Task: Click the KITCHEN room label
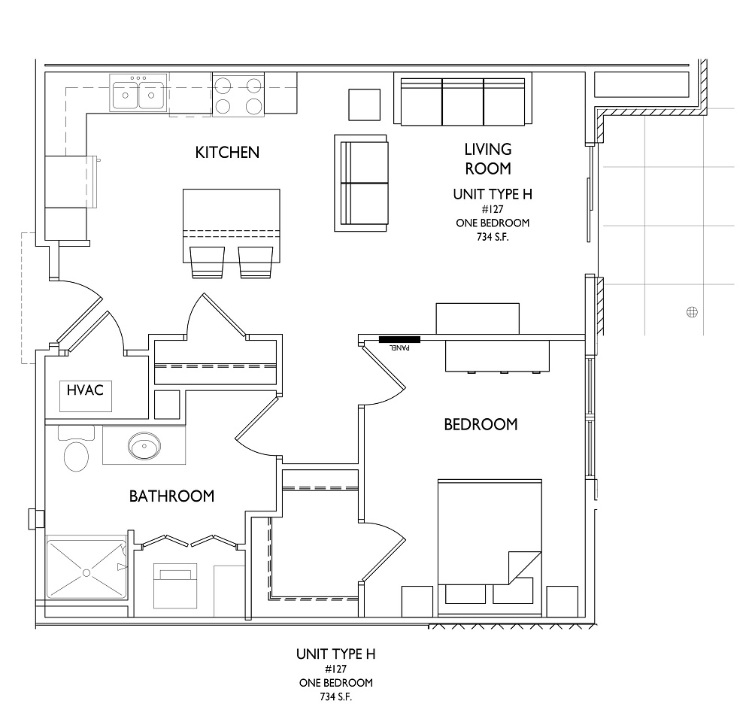[x=227, y=153]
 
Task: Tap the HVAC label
[x=85, y=390]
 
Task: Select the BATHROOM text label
[x=171, y=496]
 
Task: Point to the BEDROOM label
[x=481, y=425]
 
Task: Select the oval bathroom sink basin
[x=144, y=446]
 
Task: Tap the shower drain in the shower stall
[x=86, y=573]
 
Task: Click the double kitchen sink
[x=138, y=93]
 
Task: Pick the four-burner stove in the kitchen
[x=238, y=95]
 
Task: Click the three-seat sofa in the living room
[x=462, y=100]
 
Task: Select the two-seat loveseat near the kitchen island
[x=361, y=183]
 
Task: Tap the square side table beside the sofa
[x=364, y=105]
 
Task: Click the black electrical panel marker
[x=399, y=340]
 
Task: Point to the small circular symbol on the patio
[x=692, y=312]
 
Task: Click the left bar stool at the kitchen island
[x=208, y=262]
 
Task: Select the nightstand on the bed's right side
[x=562, y=601]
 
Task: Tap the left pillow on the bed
[x=465, y=593]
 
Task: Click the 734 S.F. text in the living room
[x=493, y=237]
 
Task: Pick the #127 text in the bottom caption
[x=335, y=669]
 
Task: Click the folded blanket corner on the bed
[x=525, y=568]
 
